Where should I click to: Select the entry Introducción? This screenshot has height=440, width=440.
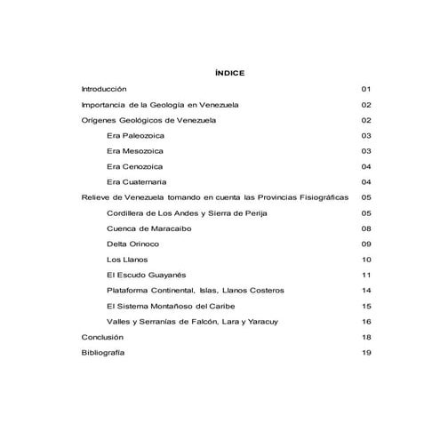tap(104, 89)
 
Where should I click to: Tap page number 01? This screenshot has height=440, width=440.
tap(364, 89)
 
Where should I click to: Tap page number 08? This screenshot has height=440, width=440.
tap(364, 228)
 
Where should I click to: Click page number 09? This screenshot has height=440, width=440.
tap(364, 244)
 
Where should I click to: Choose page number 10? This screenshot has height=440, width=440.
tap(364, 260)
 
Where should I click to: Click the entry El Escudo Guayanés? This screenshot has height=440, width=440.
tap(148, 275)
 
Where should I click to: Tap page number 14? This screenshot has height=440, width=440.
tap(364, 291)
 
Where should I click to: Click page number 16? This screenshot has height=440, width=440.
tap(364, 321)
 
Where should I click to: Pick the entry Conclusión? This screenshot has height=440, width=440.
tap(101, 337)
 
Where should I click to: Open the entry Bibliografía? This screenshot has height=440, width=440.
tap(102, 353)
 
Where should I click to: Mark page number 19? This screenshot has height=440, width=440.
tap(364, 353)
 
